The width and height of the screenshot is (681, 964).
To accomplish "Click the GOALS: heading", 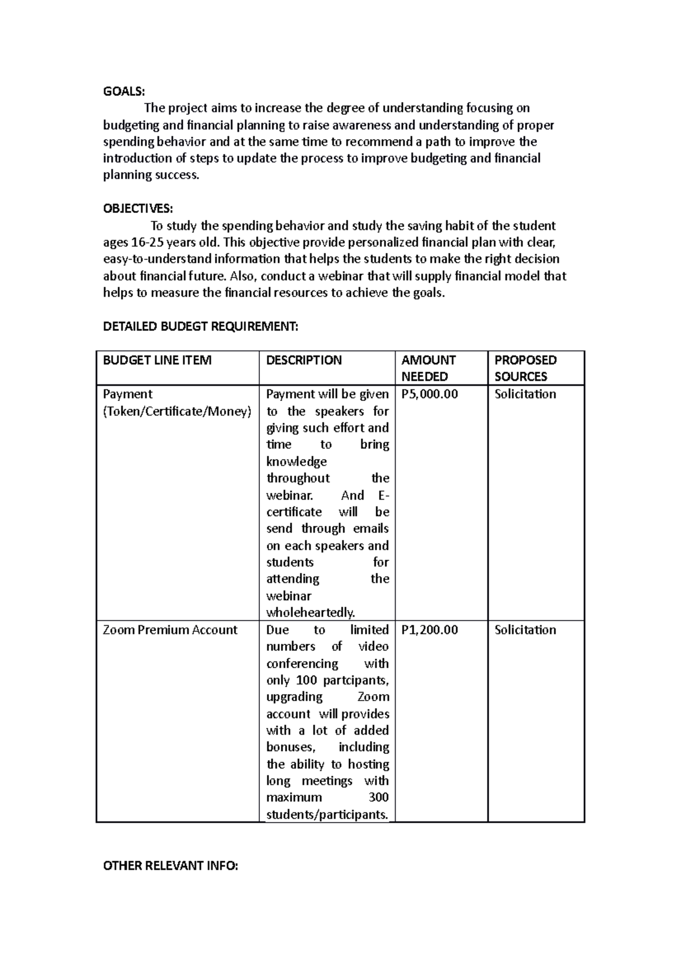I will pyautogui.click(x=124, y=91).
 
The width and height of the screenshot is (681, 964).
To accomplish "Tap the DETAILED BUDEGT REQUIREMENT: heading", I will pyautogui.click(x=200, y=326).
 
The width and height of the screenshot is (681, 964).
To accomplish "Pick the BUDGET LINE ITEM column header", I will pyautogui.click(x=157, y=360).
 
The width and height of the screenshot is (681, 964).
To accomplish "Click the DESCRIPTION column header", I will pyautogui.click(x=304, y=360).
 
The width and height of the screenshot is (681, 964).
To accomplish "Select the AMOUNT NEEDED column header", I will pyautogui.click(x=428, y=368).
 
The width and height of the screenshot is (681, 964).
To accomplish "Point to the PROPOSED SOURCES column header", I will pyautogui.click(x=525, y=368).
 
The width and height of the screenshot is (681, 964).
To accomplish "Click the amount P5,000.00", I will pyautogui.click(x=429, y=394).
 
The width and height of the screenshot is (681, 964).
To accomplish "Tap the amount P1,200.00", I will pyautogui.click(x=429, y=630).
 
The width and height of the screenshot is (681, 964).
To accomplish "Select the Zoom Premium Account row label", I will pyautogui.click(x=170, y=630).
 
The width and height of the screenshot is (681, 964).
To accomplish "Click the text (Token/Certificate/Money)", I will pyautogui.click(x=176, y=411).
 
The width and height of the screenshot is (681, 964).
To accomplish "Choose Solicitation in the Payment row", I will pyautogui.click(x=525, y=394).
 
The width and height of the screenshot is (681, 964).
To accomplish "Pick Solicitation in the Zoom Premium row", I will pyautogui.click(x=525, y=630).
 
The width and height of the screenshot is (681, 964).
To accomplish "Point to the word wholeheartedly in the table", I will pyautogui.click(x=310, y=613).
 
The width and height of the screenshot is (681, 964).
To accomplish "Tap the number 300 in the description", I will pyautogui.click(x=378, y=797).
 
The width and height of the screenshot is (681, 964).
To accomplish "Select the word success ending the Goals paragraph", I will pyautogui.click(x=177, y=175).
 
